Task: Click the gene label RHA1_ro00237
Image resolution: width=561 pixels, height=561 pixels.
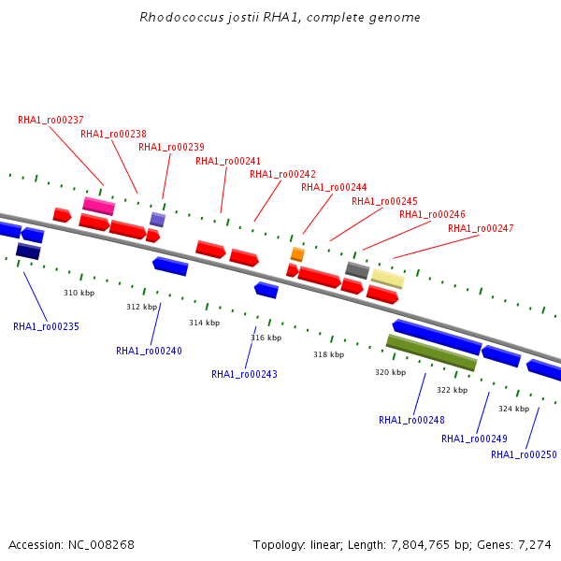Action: (x=50, y=120)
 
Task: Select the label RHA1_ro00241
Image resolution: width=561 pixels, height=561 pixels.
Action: (x=228, y=161)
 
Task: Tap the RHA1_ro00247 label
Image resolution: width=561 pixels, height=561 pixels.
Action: (x=481, y=228)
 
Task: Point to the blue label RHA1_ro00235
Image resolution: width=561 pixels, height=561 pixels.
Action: (x=46, y=326)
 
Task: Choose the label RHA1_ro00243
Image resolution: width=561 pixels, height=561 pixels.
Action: (x=244, y=374)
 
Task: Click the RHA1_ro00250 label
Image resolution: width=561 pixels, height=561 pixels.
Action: (x=524, y=454)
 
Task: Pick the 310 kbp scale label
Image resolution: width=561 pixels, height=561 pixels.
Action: (x=79, y=293)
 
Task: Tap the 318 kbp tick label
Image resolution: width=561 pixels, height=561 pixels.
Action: (x=329, y=354)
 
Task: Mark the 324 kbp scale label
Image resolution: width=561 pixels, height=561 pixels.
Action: (x=513, y=409)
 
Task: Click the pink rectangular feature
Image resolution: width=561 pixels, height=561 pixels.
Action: (x=99, y=206)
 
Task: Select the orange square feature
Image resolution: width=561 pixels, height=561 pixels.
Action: (x=297, y=254)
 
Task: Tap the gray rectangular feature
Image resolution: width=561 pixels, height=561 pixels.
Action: (x=357, y=270)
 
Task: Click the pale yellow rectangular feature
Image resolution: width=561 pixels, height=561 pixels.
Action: (x=388, y=279)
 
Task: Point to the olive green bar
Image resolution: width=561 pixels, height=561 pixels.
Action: (x=431, y=352)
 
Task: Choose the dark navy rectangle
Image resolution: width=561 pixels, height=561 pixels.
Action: (x=28, y=251)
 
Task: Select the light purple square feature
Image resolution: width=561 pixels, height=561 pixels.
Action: (x=157, y=220)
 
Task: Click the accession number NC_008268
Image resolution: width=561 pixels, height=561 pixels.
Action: (x=101, y=545)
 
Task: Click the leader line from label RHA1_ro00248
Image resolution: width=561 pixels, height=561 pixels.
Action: (x=420, y=394)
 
